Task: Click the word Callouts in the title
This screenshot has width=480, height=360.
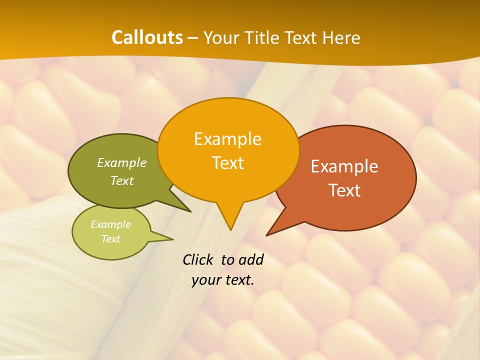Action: pyautogui.click(x=147, y=37)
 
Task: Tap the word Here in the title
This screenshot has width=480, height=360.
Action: pyautogui.click(x=340, y=38)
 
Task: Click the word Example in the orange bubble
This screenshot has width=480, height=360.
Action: pyautogui.click(x=227, y=139)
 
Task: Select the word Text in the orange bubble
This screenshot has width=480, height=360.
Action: pyautogui.click(x=228, y=163)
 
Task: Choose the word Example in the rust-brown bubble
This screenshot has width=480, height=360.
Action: pyautogui.click(x=344, y=166)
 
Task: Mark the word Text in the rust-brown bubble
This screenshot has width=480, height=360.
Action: pyautogui.click(x=344, y=190)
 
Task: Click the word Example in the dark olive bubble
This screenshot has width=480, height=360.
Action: pyautogui.click(x=121, y=163)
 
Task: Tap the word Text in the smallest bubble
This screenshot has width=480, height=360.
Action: pyautogui.click(x=111, y=239)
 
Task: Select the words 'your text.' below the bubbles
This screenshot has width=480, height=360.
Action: pyautogui.click(x=222, y=280)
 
